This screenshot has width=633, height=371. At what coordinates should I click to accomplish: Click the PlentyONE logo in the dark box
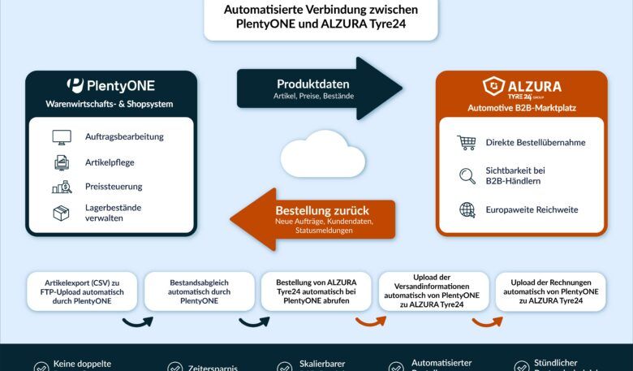point(110,85)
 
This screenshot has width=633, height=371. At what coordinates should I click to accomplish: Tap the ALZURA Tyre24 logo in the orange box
point(521,87)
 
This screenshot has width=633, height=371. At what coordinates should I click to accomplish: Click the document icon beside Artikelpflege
point(62,162)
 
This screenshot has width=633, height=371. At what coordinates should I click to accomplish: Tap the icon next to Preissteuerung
point(62,187)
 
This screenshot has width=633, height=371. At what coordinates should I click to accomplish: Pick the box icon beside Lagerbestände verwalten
point(62,213)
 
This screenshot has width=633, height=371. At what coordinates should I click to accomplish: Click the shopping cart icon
point(466,143)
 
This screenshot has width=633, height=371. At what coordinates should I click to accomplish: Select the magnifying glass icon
point(467,176)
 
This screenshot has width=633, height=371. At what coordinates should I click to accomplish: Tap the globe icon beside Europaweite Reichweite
point(467,209)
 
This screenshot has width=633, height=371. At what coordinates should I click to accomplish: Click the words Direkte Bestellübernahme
point(535,143)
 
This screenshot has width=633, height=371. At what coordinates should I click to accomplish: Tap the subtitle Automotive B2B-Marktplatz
point(521,108)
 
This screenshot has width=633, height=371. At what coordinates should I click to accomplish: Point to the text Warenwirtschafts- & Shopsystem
point(110,105)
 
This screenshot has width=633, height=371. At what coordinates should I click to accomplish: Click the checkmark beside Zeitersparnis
point(174,367)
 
